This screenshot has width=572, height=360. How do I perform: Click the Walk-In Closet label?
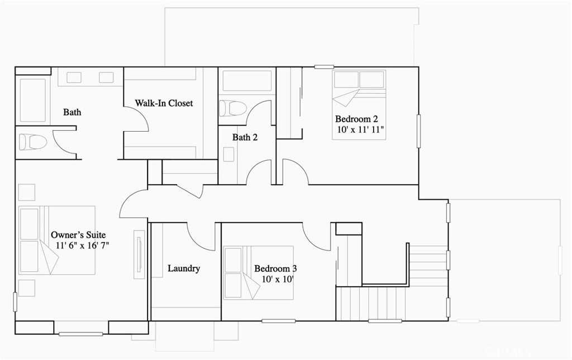coord(164,103)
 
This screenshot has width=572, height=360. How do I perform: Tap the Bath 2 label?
coord(245,137)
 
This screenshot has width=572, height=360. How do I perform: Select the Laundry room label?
coord(184,268)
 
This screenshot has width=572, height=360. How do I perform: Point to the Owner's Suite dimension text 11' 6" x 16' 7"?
coord(83,245)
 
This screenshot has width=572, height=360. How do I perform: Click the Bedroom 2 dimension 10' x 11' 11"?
coord(361,129)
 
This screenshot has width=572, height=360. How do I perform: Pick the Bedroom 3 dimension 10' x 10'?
coord(278,280)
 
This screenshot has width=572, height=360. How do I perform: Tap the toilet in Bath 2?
coord(232,108)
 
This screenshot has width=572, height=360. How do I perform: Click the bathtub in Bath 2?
coord(247,81)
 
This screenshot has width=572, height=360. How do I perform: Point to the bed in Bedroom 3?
coord(259,273)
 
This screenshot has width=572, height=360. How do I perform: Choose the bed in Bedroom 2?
coord(359,104)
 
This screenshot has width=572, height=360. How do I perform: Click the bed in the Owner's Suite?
coord(57,241)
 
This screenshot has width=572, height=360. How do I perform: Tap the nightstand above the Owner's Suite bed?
coord(27,193)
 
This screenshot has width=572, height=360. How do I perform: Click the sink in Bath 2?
coord(228,154)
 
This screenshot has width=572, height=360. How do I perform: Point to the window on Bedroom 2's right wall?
coord(418,131)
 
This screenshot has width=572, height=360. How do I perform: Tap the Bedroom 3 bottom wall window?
coord(279,321)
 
